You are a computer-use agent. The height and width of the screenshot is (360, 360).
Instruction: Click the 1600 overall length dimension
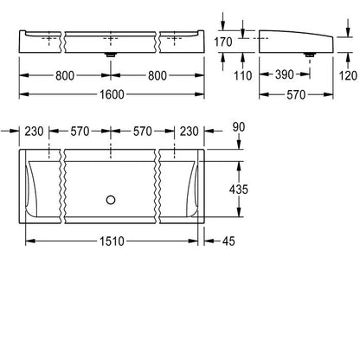pos(112,94)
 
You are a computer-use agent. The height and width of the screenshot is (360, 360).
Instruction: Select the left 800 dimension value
pos(65,75)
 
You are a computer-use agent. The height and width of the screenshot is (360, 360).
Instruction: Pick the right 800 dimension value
pos(157,75)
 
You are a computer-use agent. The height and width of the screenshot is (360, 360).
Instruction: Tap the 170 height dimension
pos(223,42)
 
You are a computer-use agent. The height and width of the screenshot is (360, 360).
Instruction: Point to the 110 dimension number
pos(243,75)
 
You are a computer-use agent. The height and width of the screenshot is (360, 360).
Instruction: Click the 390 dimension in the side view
pos(285,74)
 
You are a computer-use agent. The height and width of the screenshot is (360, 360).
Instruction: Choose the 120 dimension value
pos(348,75)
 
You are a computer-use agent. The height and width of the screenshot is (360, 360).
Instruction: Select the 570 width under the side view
pos(296,94)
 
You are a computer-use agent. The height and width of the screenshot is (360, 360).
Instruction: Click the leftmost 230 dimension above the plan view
pos(34,132)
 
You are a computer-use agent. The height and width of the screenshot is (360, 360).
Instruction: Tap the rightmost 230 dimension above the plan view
pos(190,132)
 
